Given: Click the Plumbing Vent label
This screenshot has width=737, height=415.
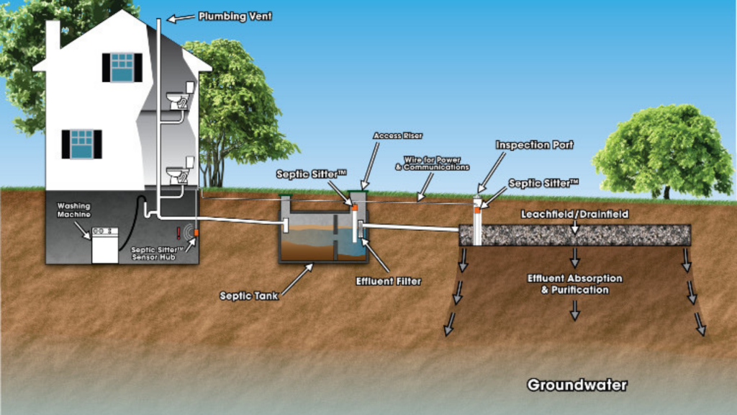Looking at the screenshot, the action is [235, 17].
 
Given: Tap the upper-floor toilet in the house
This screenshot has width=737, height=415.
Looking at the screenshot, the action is [179, 97].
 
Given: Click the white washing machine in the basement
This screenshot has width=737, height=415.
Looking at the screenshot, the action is [105, 245].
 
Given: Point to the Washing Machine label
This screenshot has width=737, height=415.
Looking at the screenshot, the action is [74, 210].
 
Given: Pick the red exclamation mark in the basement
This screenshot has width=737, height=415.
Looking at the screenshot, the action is [178, 233].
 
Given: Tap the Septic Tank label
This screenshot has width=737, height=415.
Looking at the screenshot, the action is [248, 296].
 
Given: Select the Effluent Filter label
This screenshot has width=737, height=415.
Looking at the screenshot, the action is [388, 282].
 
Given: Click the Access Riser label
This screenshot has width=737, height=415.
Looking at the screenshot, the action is [397, 135].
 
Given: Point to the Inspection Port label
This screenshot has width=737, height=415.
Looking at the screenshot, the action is [535, 145].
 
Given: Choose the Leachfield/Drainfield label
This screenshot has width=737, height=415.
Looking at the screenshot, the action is [574, 214].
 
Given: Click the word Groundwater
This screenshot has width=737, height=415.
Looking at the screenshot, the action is [577, 385].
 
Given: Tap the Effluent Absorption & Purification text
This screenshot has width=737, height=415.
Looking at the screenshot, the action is [575, 284].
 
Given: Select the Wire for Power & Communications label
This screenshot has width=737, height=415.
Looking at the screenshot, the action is [432, 164].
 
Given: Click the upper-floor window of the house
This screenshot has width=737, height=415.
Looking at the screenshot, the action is [122, 68].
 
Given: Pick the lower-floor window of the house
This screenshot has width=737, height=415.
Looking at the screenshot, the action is [82, 144].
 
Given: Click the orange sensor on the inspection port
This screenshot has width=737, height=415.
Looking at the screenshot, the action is [477, 210].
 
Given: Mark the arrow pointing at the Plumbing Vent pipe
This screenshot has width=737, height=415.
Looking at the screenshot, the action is [181, 18].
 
